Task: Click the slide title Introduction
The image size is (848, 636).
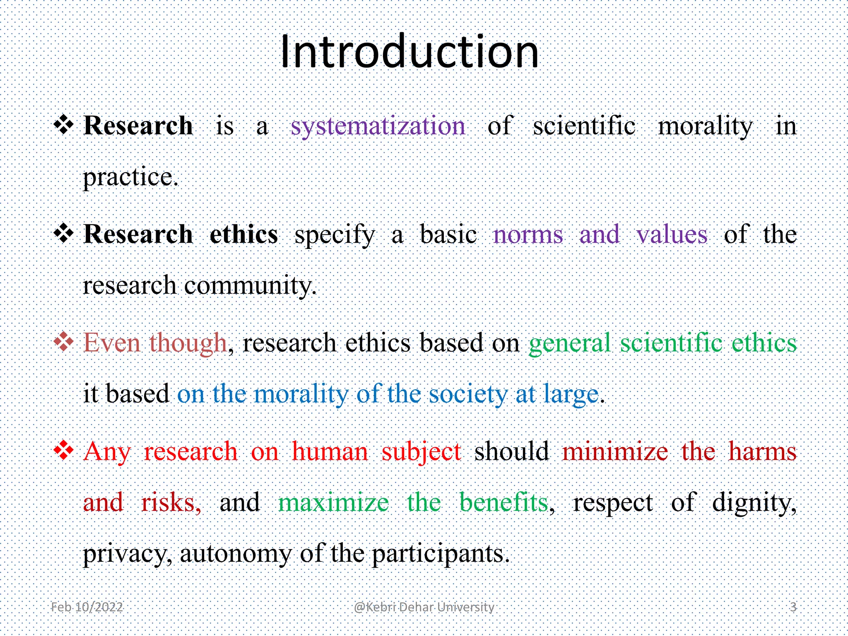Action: [409, 52]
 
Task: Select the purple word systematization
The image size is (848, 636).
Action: [378, 126]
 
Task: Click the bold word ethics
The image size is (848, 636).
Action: [243, 234]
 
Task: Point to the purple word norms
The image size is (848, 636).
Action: [528, 234]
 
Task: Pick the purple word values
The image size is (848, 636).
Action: [672, 234]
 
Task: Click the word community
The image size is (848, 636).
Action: [250, 286]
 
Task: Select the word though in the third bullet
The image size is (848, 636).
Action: [188, 343]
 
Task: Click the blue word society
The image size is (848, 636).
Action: [468, 394]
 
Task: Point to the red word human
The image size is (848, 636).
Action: [330, 451]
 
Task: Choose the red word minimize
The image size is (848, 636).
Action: [615, 451]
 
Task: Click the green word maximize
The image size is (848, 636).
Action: [334, 502]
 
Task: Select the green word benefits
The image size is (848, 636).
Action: [504, 502]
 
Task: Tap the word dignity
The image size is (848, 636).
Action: [754, 503]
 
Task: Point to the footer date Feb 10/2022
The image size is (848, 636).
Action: [87, 607]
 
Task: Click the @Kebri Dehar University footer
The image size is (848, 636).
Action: [424, 607]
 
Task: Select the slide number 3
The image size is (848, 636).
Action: [793, 607]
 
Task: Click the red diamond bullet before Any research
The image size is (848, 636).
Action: [64, 450]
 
